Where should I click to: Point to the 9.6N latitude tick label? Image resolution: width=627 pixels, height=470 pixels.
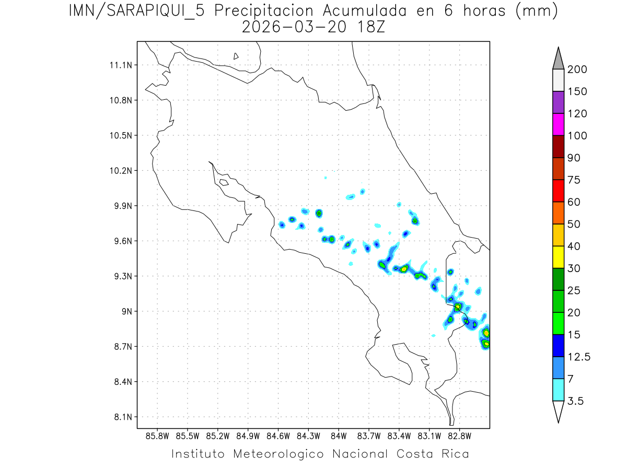(121, 241)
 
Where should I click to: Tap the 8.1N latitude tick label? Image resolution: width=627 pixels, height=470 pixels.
(121, 417)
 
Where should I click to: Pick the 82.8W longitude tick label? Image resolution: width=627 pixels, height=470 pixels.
(459, 435)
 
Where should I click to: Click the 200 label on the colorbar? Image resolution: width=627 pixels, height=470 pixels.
(577, 69)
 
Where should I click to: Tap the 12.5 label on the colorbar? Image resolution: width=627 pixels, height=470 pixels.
(579, 357)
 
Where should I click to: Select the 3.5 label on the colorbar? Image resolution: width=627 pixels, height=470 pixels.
(575, 401)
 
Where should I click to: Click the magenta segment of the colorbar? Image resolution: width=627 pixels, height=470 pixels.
(558, 124)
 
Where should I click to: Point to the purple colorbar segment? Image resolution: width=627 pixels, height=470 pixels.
(558, 102)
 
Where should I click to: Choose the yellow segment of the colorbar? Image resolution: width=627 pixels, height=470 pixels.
(558, 257)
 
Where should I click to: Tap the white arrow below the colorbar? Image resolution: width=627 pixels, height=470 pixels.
(558, 412)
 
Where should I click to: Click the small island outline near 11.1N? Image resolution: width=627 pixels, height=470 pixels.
(236, 56)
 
